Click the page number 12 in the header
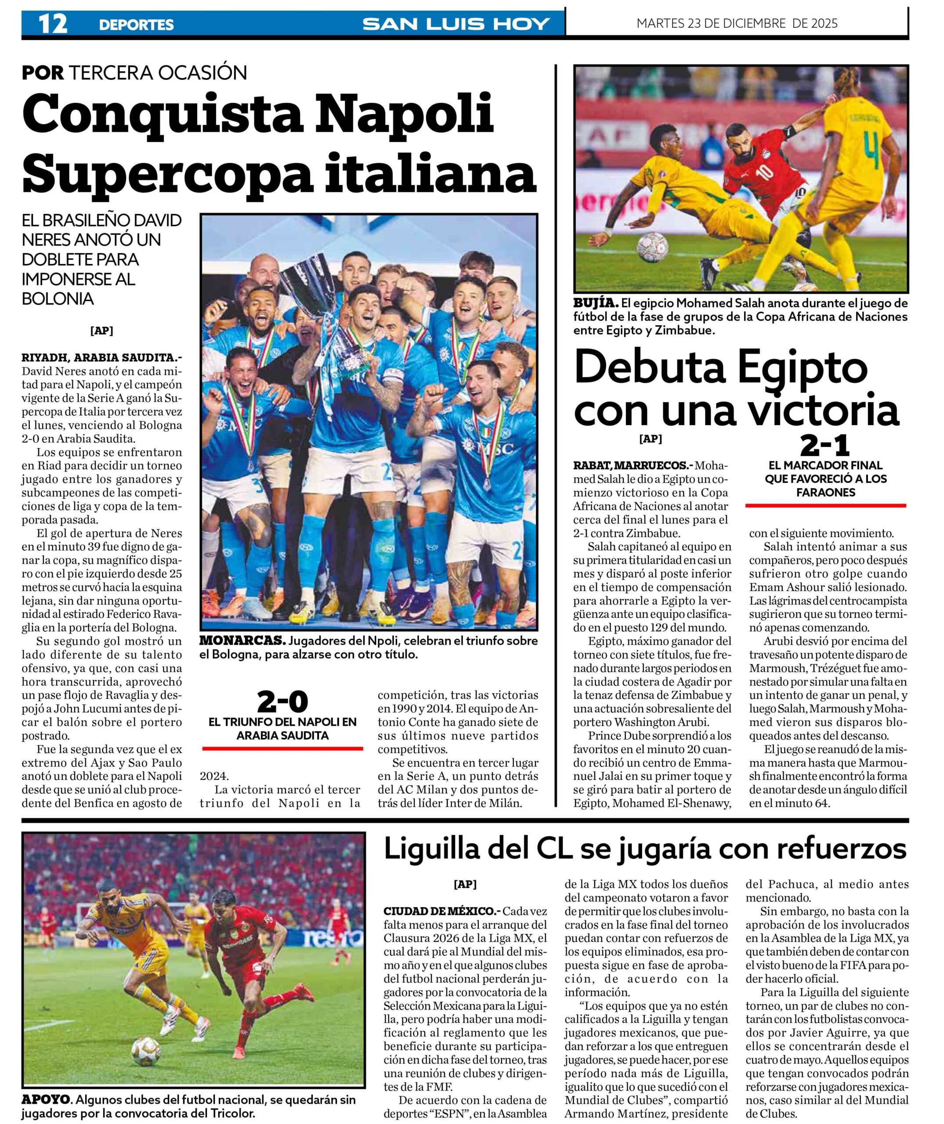(52, 24)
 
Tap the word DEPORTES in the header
(136, 25)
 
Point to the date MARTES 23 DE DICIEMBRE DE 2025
(737, 24)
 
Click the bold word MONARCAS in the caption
(242, 641)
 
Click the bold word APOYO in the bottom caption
(46, 1100)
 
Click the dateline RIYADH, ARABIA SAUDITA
(98, 357)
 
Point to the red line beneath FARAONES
(825, 505)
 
